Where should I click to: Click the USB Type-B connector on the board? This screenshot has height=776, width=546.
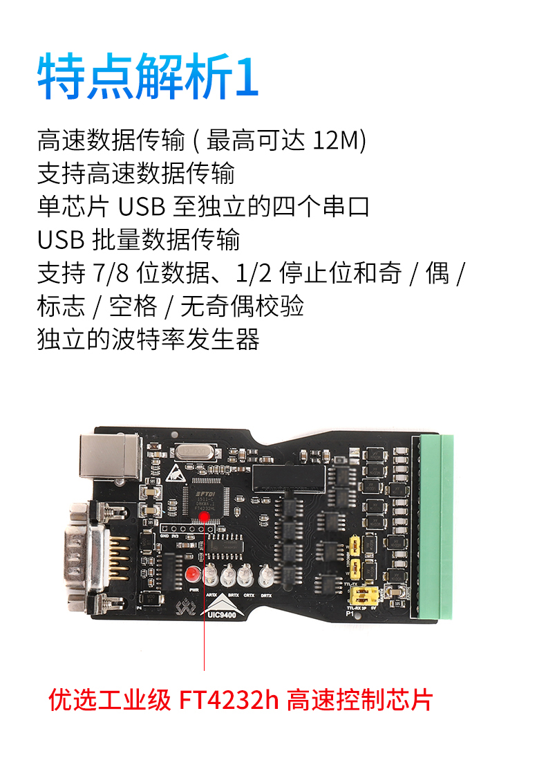[111, 456]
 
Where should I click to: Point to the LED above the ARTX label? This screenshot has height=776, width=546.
[212, 575]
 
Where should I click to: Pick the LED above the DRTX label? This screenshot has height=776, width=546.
[266, 574]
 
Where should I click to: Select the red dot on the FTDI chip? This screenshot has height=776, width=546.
[205, 517]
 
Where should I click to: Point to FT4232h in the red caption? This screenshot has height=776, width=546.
[229, 699]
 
